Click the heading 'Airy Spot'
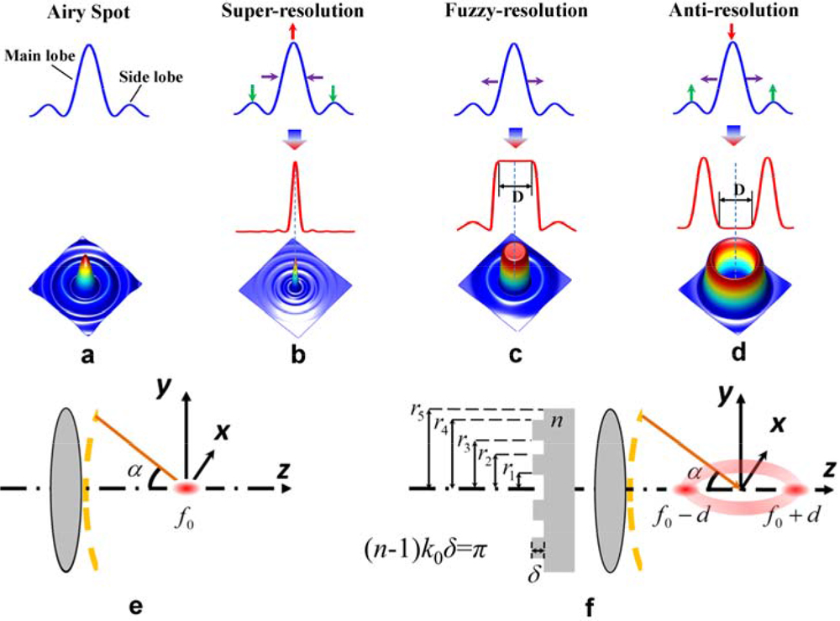[x=88, y=11]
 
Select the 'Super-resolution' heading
[x=293, y=11]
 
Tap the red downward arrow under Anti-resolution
[x=732, y=32]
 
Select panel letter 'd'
[x=735, y=355]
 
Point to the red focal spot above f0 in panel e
[x=187, y=488]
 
